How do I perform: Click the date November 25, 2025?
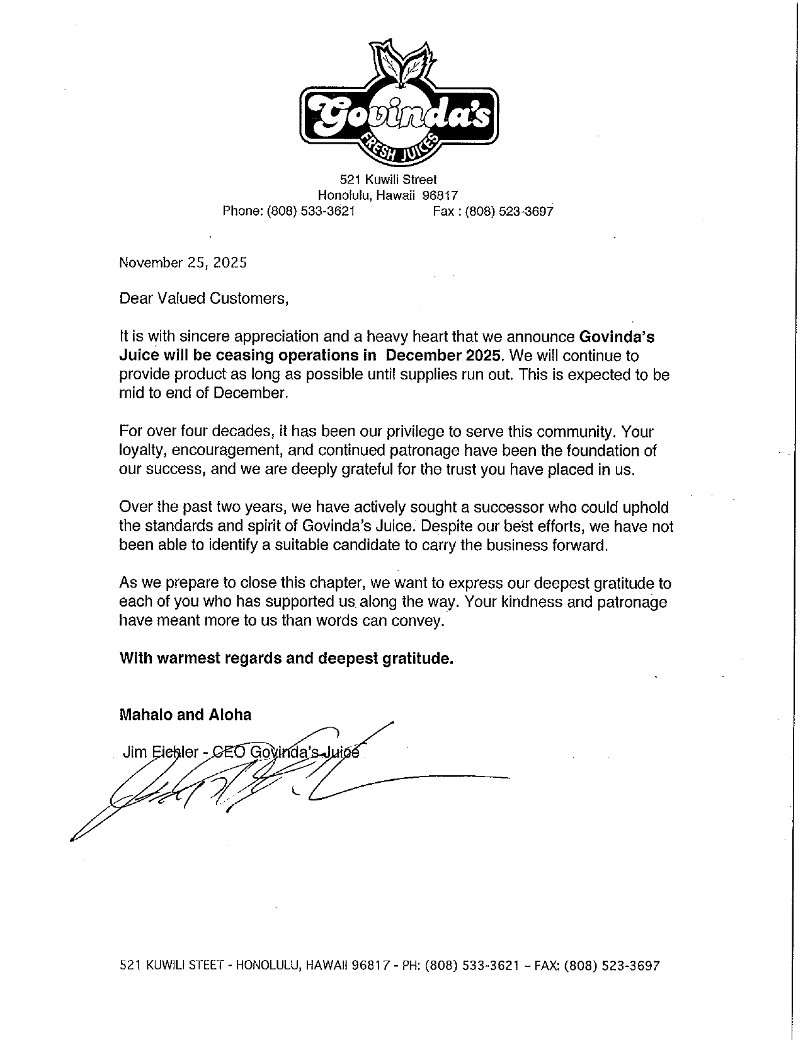tap(183, 263)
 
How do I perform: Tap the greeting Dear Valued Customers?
tap(203, 299)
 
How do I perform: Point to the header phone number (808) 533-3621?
tap(311, 212)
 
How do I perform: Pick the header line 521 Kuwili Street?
tap(388, 180)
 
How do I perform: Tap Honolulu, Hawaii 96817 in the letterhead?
tap(387, 195)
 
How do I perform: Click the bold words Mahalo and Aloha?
tap(185, 715)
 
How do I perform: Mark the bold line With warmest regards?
tap(286, 659)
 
